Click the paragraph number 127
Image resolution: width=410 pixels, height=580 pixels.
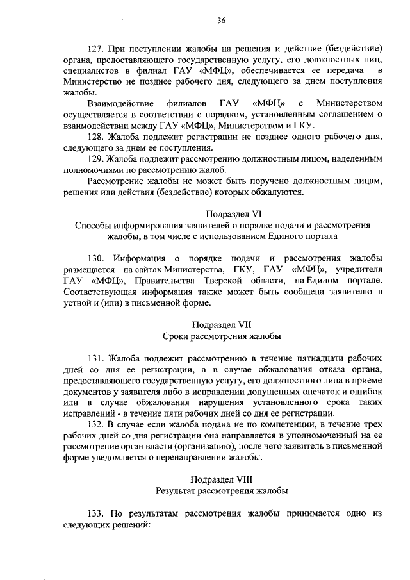click(x=97, y=49)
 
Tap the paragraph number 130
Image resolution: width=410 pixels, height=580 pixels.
click(x=97, y=258)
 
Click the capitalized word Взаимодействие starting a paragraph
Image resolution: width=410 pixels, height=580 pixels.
click(x=121, y=103)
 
